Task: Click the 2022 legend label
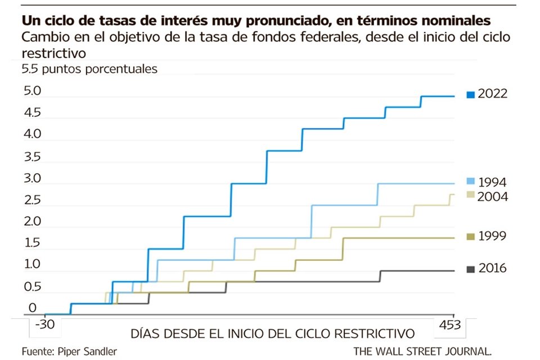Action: (x=493, y=94)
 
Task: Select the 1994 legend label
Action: (x=493, y=182)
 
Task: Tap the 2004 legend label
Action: (x=493, y=196)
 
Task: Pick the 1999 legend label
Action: (x=493, y=236)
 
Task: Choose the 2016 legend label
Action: (x=493, y=268)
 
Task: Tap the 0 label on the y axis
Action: (x=32, y=308)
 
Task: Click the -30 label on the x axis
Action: (x=44, y=325)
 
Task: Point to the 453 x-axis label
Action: (x=450, y=325)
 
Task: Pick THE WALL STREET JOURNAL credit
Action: (x=423, y=351)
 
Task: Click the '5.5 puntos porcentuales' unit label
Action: (x=89, y=69)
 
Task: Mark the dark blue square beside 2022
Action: (x=470, y=94)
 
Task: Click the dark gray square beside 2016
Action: (x=470, y=269)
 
